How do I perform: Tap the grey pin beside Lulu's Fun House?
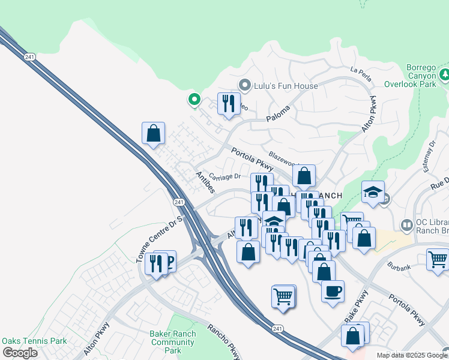[x=244, y=85]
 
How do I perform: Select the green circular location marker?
[x=194, y=99]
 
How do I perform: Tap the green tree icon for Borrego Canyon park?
[x=445, y=76]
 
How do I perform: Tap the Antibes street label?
[x=205, y=182]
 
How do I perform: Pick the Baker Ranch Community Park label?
[x=173, y=342]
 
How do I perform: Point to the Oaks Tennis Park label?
[x=34, y=341]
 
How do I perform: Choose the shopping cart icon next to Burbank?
[x=438, y=259]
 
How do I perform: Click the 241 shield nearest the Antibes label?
[x=179, y=202]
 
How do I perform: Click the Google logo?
[x=20, y=353]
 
